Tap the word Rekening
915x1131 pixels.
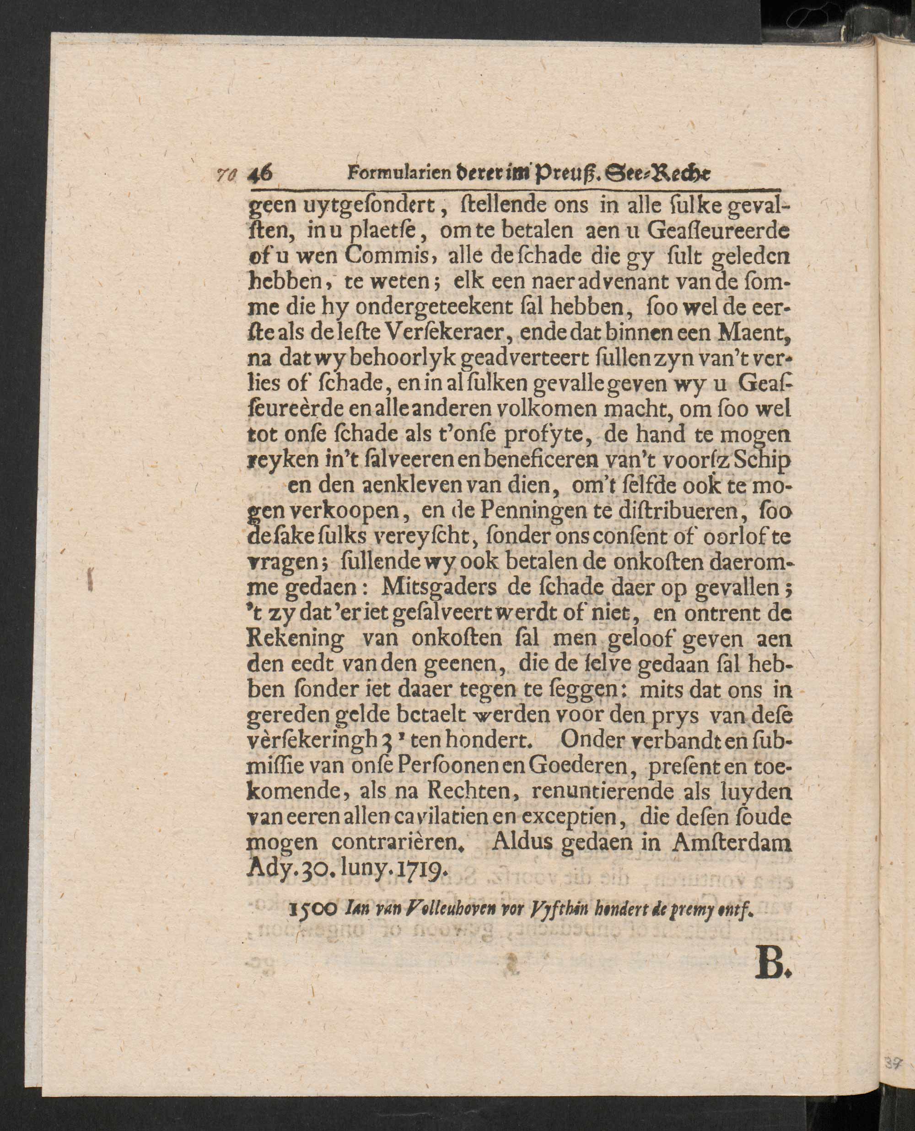[x=295, y=639]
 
